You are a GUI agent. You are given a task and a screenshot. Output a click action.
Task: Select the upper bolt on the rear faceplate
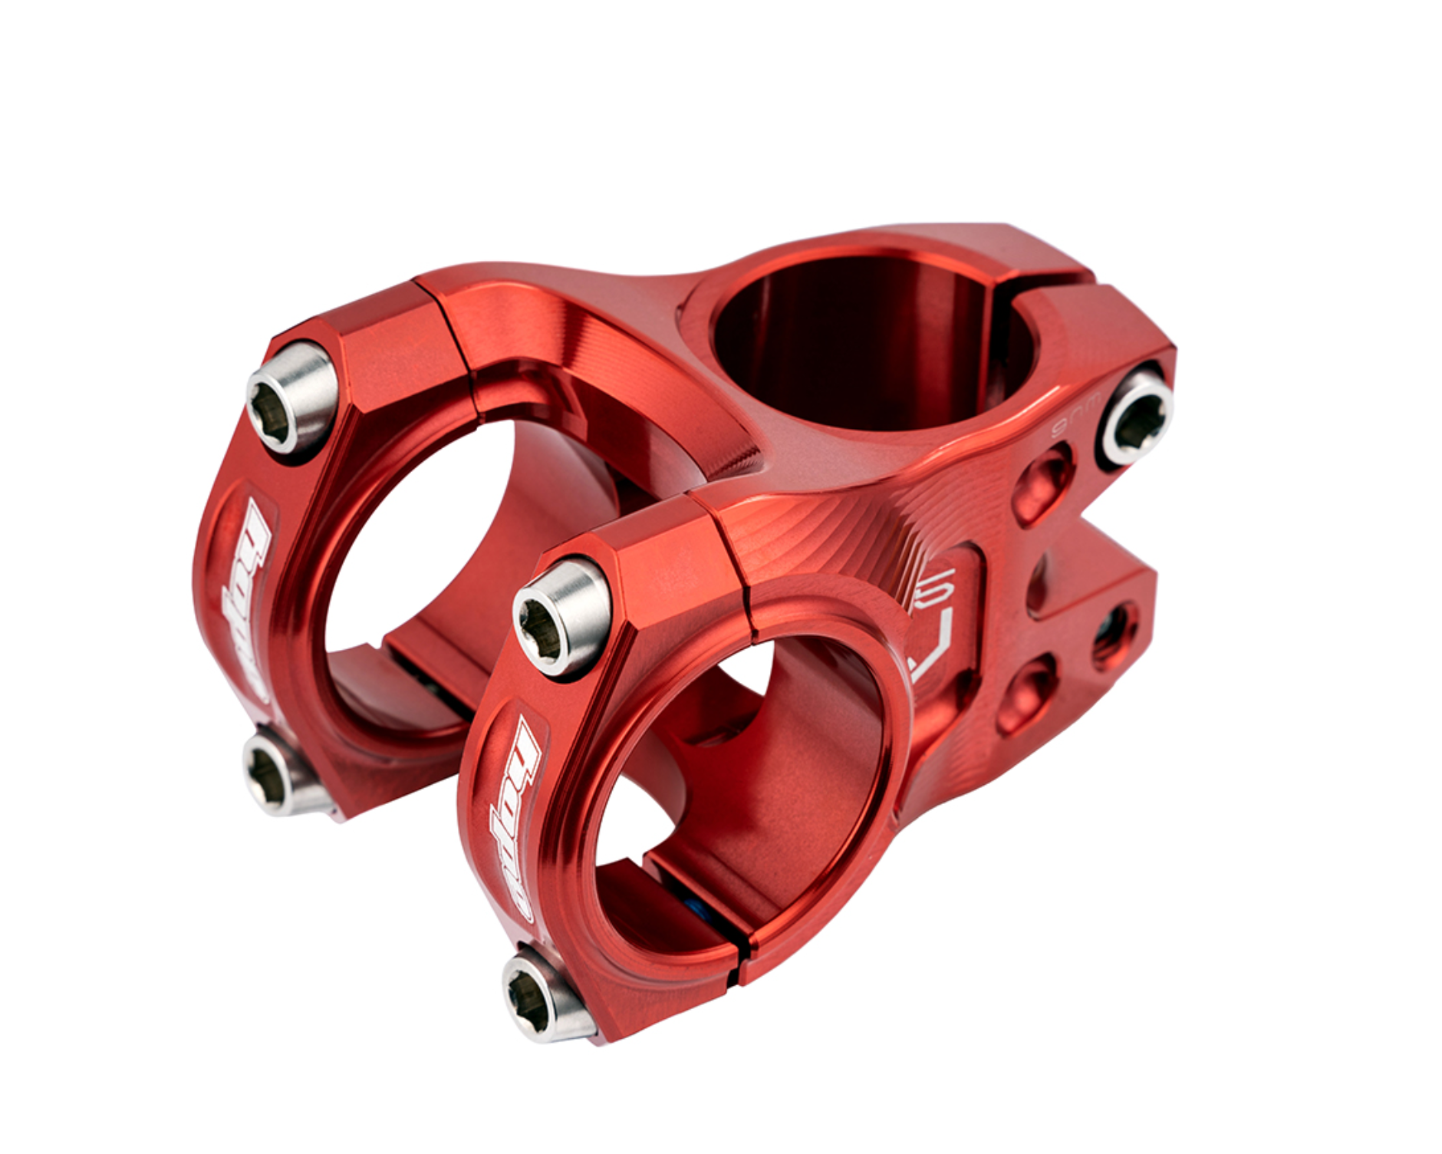291,397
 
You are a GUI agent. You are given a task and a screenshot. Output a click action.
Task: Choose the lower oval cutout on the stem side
1028,694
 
